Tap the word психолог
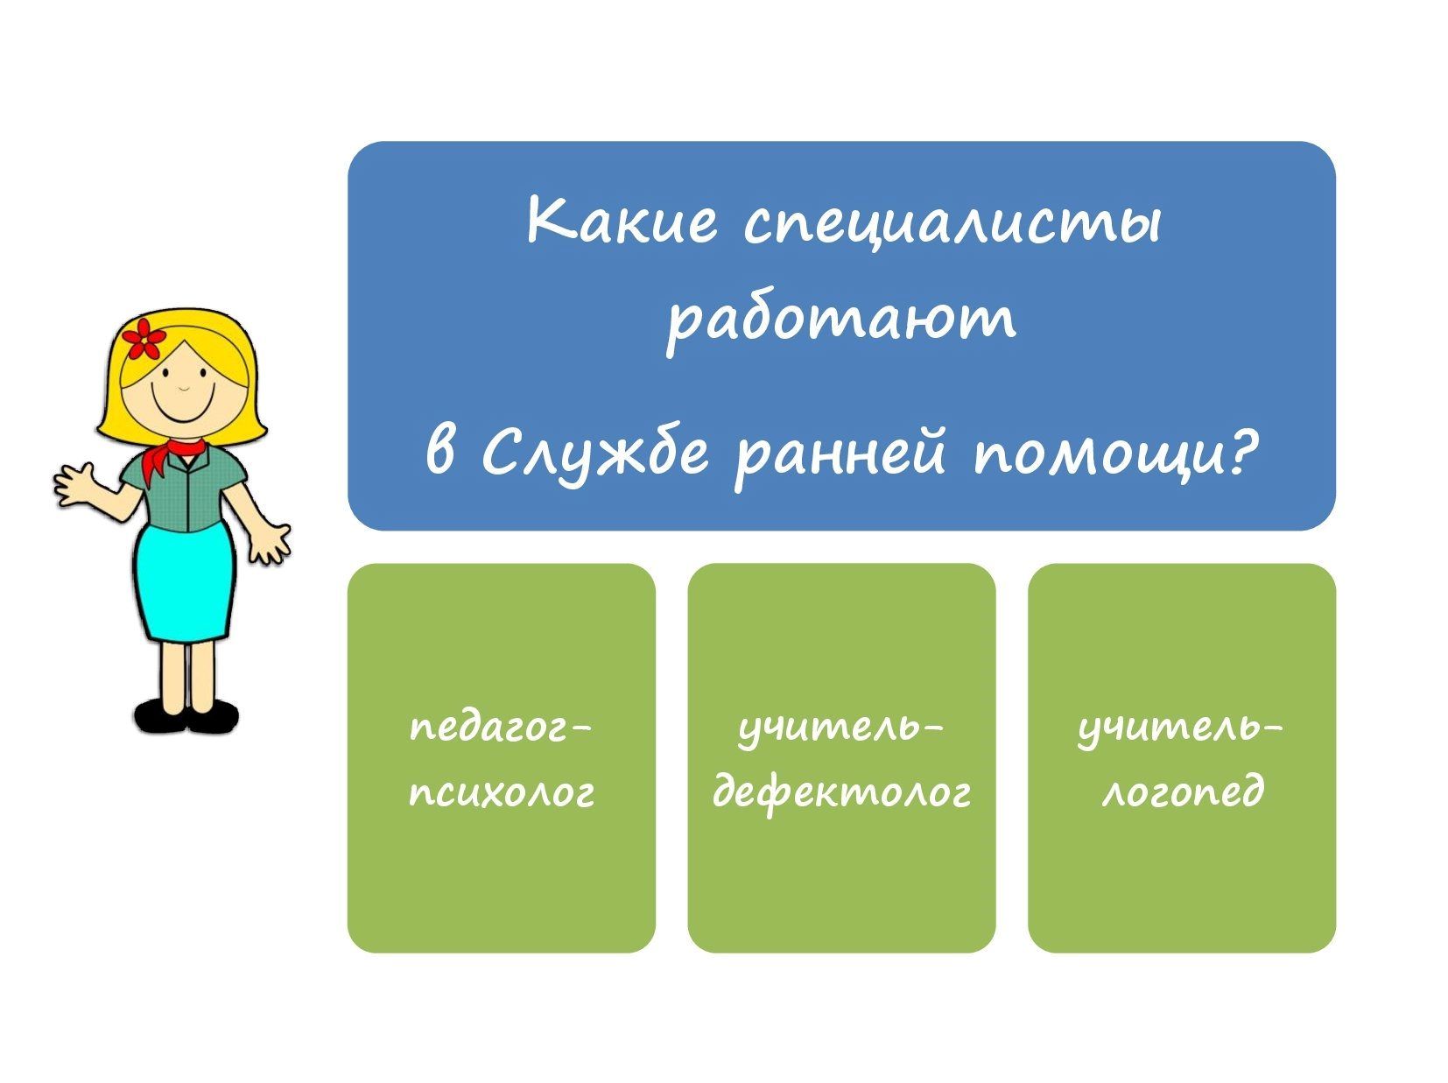502,793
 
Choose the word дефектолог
842,793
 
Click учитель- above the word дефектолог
842,731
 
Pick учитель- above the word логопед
1181,731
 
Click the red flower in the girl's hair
144,340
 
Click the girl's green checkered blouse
186,485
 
